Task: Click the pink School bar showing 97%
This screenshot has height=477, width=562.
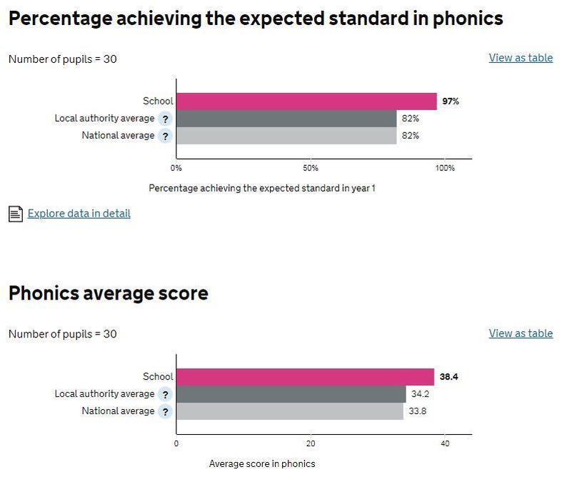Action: point(306,101)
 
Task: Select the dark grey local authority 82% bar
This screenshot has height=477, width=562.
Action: point(286,118)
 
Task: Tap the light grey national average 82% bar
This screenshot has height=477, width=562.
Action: point(286,135)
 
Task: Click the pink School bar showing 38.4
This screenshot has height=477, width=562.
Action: point(305,376)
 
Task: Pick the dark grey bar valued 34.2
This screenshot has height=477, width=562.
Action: point(291,394)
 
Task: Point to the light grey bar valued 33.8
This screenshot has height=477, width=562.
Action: point(290,411)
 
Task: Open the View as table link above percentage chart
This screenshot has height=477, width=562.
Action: point(521,58)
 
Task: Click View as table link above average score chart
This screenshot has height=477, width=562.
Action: point(521,333)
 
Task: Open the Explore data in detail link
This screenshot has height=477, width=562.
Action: point(79,213)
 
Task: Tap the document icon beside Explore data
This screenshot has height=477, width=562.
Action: point(15,213)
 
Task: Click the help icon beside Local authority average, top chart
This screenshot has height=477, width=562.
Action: point(165,119)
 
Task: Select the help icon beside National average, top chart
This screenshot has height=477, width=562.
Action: point(165,136)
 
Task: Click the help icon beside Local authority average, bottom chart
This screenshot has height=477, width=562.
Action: point(165,394)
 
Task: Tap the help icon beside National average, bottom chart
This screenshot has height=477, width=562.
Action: point(165,411)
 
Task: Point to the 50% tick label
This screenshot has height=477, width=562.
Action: point(311,168)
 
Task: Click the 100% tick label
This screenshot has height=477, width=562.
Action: point(444,168)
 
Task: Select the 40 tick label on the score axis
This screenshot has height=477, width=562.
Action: point(445,443)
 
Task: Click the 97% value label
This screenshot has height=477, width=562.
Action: point(450,102)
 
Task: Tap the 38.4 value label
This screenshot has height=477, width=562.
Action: point(448,377)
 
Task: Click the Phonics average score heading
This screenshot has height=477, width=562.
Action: point(108,292)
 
